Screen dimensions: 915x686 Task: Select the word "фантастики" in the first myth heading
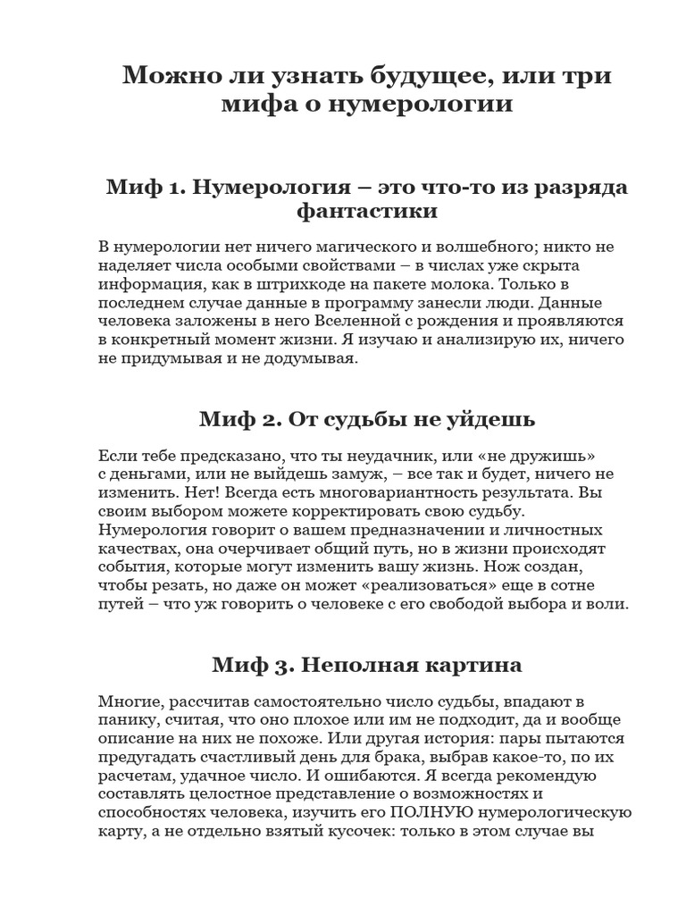367,212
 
